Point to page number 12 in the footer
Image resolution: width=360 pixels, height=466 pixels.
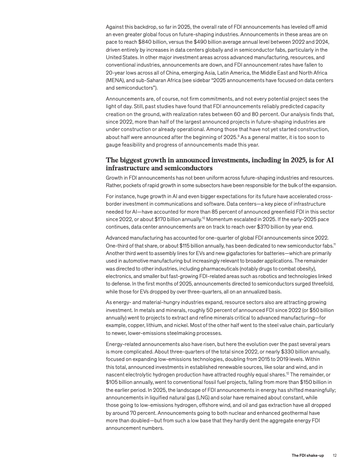pos(335,455)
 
